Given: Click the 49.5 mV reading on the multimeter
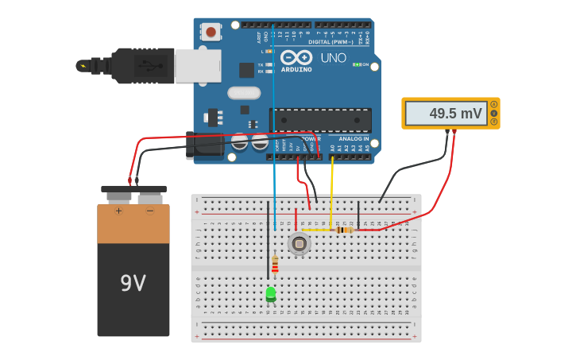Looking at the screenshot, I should point(455,114).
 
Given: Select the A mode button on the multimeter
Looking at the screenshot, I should point(493,104).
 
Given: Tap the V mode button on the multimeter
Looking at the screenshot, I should point(493,113).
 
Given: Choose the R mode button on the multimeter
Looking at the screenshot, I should point(493,122).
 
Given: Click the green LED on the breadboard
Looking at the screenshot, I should point(271,294).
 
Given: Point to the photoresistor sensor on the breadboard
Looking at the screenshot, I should point(299,243).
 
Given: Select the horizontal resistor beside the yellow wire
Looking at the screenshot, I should point(344,230).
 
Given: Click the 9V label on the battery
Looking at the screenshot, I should point(133,283).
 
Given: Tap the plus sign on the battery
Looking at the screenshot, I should point(118,211).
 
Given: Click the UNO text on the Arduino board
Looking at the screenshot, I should point(333,58).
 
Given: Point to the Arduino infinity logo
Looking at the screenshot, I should point(296,57).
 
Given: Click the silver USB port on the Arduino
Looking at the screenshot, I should point(198,65).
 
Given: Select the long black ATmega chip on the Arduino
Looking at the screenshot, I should point(320,120).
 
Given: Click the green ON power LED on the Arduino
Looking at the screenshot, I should point(357,64).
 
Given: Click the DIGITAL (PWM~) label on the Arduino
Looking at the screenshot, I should point(330,41).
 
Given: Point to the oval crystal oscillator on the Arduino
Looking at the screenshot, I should point(244,93).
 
